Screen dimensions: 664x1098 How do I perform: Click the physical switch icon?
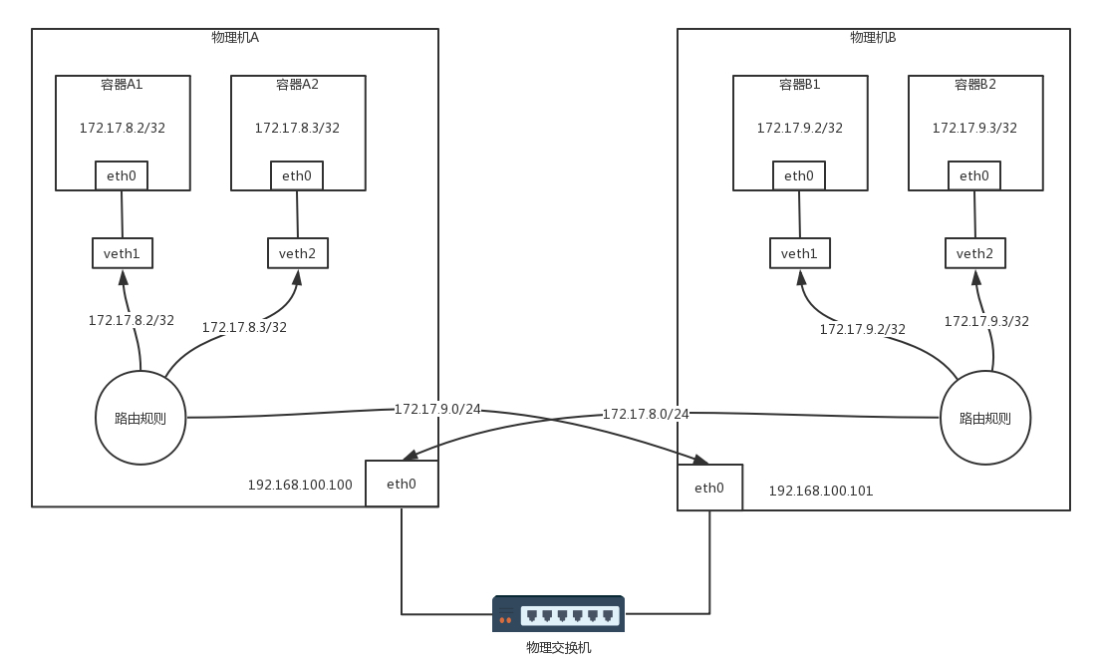[558, 614]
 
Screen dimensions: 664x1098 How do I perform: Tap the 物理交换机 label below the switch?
[558, 648]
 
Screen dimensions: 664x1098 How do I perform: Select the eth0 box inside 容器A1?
[122, 176]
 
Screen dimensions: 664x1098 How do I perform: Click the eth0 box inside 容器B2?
[974, 176]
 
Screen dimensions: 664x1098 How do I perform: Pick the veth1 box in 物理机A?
[123, 253]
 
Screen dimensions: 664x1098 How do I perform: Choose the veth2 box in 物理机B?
[974, 253]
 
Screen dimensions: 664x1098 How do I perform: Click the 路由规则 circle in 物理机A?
[140, 418]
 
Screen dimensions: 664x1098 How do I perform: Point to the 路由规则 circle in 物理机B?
[984, 418]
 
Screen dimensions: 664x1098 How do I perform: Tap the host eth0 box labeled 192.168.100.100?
[402, 484]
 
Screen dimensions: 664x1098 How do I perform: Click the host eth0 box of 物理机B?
[709, 488]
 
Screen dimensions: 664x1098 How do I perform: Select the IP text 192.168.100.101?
[820, 492]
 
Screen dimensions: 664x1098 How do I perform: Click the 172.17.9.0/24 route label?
[437, 409]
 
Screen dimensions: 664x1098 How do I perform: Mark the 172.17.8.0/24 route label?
[646, 414]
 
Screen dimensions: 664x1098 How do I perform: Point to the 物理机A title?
[235, 37]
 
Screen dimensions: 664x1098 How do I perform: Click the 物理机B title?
[873, 37]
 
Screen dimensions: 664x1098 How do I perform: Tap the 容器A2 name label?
[297, 85]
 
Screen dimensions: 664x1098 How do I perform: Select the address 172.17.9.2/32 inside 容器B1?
[799, 128]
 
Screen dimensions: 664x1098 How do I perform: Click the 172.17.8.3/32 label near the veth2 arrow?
[244, 327]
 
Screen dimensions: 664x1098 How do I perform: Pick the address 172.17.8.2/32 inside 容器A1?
[123, 128]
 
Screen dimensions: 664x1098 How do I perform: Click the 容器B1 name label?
[799, 85]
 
